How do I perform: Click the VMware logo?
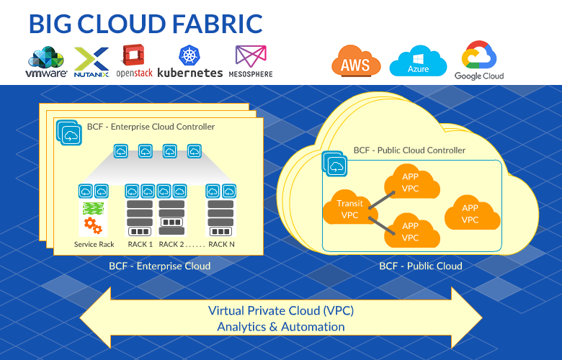point(47,62)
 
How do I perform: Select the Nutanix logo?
point(92,62)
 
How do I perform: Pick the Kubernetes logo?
point(189,63)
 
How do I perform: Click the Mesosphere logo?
point(250,62)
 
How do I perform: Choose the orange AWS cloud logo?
point(355,63)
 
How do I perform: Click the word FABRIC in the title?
point(213,24)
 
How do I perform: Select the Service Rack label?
point(94,245)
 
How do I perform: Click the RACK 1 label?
point(140,245)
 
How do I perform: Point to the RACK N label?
point(221,245)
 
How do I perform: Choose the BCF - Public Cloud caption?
point(421,266)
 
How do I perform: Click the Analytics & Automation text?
point(281,327)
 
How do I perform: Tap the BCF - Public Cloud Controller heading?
point(409,150)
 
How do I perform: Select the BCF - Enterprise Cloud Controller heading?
point(151,127)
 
